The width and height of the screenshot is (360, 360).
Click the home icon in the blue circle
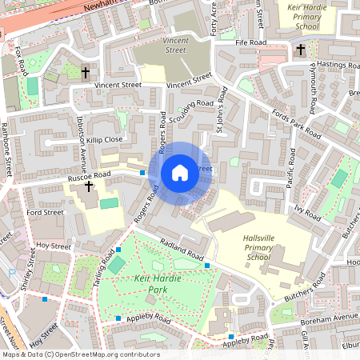tap(180, 173)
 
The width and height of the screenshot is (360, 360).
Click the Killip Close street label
tap(106, 139)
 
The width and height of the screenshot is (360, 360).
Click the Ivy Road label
tap(307, 213)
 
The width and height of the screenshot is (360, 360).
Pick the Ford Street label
tap(45, 213)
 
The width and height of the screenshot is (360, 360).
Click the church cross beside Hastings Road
tap(301, 50)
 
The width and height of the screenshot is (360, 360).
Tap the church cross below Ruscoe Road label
tap(88, 186)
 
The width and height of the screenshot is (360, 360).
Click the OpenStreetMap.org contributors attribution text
tap(108, 354)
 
